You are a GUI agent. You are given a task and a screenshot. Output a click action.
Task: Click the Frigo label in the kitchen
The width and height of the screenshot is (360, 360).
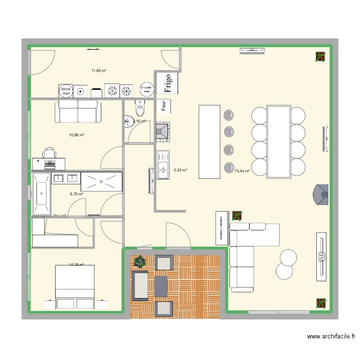point(168,83)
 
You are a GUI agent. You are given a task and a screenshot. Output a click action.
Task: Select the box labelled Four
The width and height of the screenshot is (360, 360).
point(164,106)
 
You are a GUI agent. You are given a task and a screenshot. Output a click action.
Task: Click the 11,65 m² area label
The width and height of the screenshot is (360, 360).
point(99,71)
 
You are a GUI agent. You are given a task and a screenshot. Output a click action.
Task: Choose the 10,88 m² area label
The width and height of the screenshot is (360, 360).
point(76,135)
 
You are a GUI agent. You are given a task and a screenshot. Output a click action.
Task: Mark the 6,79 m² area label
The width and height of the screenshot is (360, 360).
point(76,194)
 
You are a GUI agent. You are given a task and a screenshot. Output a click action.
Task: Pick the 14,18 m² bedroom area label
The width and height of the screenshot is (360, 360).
point(76,264)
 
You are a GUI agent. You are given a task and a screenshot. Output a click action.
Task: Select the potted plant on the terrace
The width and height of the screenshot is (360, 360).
point(140,262)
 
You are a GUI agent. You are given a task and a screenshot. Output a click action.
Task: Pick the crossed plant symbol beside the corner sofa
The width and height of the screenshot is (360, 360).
point(237,216)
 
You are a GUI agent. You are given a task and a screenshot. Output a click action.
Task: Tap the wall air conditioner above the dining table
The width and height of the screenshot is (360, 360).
point(252,50)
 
